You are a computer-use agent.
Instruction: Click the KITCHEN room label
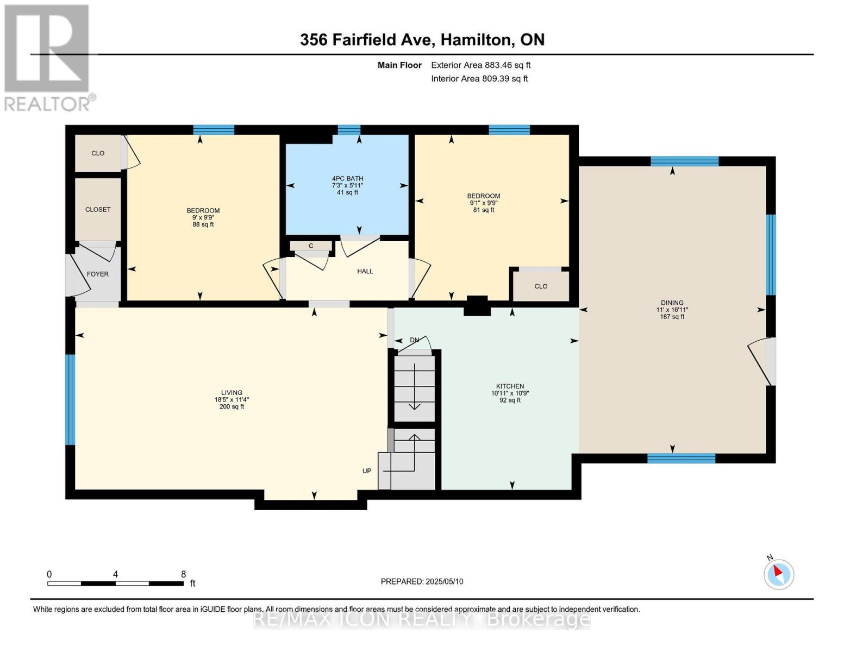click(x=510, y=386)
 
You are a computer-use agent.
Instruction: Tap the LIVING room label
click(x=232, y=393)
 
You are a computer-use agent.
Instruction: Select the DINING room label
click(x=672, y=303)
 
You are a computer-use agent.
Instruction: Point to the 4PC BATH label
click(x=347, y=179)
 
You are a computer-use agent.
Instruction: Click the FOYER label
click(x=97, y=274)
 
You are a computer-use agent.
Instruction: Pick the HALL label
click(x=365, y=272)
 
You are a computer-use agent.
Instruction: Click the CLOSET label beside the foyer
click(x=98, y=210)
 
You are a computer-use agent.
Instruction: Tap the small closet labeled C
click(x=311, y=246)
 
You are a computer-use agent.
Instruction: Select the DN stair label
click(x=415, y=340)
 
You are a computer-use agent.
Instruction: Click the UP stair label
click(x=367, y=471)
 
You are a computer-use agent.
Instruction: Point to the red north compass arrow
click(x=778, y=571)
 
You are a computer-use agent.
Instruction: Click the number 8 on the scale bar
click(x=183, y=574)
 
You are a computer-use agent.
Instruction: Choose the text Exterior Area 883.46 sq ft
click(x=480, y=65)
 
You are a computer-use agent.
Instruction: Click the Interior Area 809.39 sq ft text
click(x=479, y=79)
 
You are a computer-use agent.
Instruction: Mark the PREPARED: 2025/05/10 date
click(x=422, y=581)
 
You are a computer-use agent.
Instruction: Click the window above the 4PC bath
click(x=349, y=130)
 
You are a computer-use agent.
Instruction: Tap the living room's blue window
click(x=70, y=399)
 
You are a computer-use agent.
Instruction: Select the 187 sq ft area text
click(x=672, y=316)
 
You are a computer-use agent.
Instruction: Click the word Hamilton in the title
click(x=476, y=40)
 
